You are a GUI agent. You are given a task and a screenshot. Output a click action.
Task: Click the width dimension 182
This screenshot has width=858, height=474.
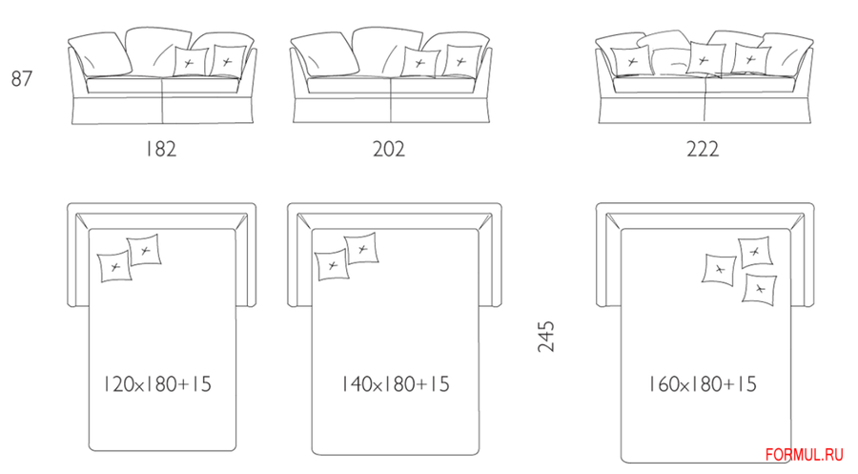click(x=161, y=149)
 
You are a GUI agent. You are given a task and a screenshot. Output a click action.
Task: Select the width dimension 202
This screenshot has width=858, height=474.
click(x=389, y=149)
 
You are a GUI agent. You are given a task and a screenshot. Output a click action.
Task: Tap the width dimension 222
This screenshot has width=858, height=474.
click(x=703, y=149)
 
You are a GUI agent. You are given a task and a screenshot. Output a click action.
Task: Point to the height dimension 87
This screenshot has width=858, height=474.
click(x=22, y=79)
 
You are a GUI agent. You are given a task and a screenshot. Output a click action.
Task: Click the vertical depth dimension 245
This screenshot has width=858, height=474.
click(x=546, y=336)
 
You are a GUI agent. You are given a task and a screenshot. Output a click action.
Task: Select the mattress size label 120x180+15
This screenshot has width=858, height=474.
click(x=157, y=383)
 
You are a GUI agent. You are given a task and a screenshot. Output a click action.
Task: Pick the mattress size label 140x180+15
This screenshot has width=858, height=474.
click(x=395, y=383)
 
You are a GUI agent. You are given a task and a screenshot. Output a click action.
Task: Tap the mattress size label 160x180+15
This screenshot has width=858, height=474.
click(x=703, y=383)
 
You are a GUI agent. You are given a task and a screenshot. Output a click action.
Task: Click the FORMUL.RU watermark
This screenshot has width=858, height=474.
click(x=805, y=455)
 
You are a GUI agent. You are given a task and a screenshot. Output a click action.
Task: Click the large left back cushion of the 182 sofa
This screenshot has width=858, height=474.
click(x=100, y=53)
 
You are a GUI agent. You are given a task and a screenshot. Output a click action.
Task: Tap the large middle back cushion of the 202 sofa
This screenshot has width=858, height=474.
click(x=386, y=51)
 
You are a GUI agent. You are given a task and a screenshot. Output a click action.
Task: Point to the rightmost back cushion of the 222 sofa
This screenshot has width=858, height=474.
click(x=788, y=53)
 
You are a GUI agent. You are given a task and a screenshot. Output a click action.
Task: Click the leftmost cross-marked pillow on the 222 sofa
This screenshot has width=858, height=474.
click(x=630, y=61)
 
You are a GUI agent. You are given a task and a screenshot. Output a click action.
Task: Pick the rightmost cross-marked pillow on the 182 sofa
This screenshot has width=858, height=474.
click(x=228, y=61)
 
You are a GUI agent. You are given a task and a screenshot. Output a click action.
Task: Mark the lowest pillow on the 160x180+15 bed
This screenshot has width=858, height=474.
click(x=760, y=289)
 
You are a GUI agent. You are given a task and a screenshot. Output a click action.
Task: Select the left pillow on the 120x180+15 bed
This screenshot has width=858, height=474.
click(x=115, y=267)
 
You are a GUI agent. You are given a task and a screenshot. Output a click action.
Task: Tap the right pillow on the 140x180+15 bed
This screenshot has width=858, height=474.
click(x=361, y=249)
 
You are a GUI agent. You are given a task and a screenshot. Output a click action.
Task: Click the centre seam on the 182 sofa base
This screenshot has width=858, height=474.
click(x=162, y=101)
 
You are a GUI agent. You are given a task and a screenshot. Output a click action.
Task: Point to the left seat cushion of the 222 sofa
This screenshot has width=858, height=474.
click(x=659, y=85)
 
